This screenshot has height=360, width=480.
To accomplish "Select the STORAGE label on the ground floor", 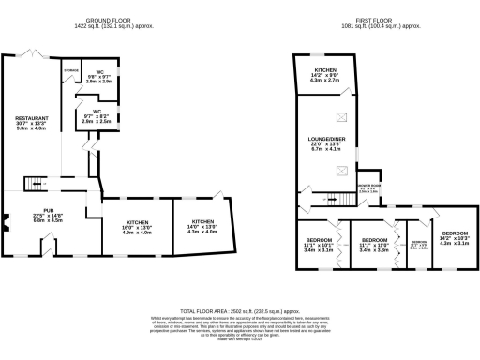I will tap(71, 70).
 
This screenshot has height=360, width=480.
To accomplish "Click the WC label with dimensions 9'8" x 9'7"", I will tap(99, 76).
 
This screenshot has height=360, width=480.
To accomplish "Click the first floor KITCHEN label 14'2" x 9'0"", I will tap(325, 76).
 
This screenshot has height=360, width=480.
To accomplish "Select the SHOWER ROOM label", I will tap(368, 187).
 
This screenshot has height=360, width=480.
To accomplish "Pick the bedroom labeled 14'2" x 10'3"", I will tap(455, 237).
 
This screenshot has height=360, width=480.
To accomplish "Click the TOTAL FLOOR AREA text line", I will tap(240, 309).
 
